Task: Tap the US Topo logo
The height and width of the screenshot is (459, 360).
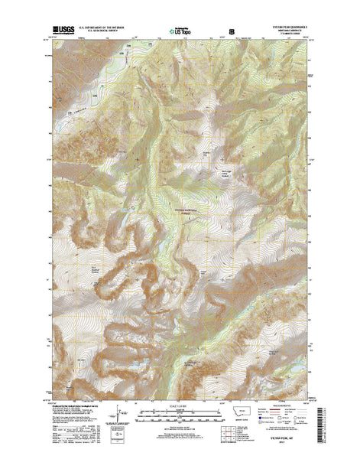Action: (x=180, y=33)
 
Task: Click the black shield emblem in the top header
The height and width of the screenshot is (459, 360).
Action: (x=232, y=33)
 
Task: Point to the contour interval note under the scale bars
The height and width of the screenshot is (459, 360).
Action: (x=180, y=425)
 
